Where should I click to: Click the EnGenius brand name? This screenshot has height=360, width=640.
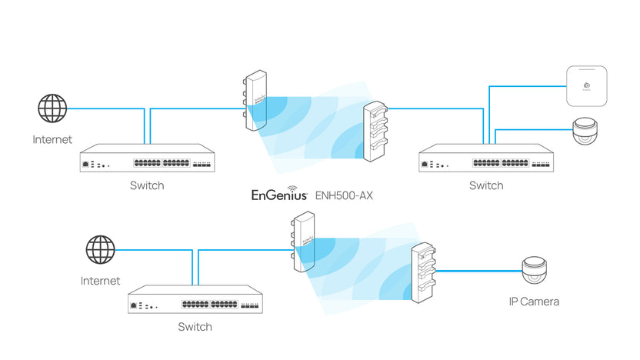click(279, 195)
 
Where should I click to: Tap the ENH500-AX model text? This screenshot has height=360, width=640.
click(344, 195)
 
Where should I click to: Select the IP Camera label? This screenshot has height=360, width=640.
click(533, 302)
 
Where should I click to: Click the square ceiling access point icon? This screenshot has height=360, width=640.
click(587, 86)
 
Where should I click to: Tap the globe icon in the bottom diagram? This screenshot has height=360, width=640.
click(100, 250)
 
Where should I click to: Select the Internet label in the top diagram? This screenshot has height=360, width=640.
click(52, 139)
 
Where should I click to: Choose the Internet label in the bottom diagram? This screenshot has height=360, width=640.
click(100, 281)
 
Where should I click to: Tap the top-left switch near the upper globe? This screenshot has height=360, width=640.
click(147, 159)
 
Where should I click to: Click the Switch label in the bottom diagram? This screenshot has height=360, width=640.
click(195, 327)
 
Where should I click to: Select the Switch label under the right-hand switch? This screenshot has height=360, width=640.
click(486, 185)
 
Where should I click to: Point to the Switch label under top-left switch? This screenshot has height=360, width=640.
click(147, 185)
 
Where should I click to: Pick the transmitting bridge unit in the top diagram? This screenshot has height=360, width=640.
click(255, 101)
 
